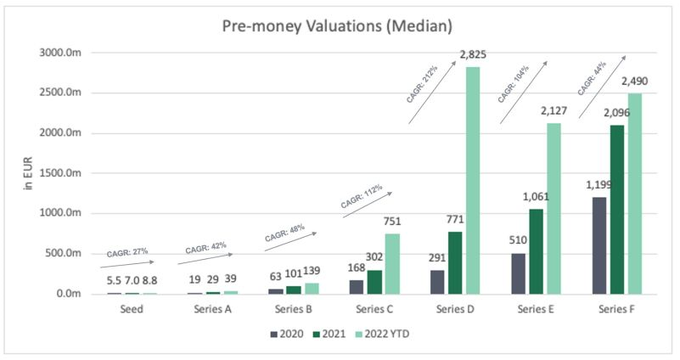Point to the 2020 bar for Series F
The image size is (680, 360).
pos(599,245)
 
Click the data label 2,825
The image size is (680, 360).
pos(474,55)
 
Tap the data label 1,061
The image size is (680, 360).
pos(539,198)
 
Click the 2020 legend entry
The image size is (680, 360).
pos(287,334)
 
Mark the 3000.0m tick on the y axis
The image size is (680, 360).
pos(65,53)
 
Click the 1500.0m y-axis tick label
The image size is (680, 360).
pos(65,173)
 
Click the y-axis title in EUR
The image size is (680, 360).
pos(27,173)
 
